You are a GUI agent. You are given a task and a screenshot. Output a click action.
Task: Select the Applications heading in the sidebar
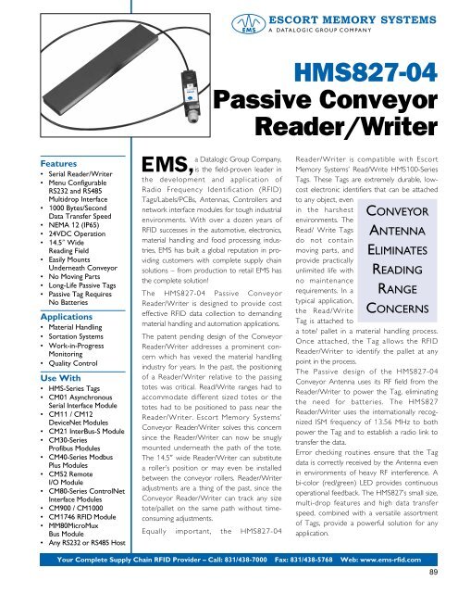(41, 316)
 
